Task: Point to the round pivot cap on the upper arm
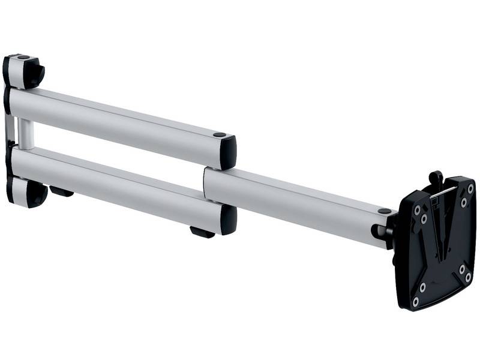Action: point(220,135)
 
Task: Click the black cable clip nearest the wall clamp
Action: point(61,192)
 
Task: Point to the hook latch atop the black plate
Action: point(436,179)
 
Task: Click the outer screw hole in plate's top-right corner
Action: point(470,188)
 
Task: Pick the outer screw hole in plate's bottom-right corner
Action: point(469,277)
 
